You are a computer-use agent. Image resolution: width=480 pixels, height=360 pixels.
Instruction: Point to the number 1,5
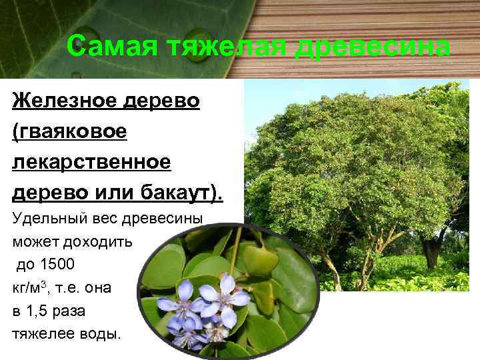click(41, 311)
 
